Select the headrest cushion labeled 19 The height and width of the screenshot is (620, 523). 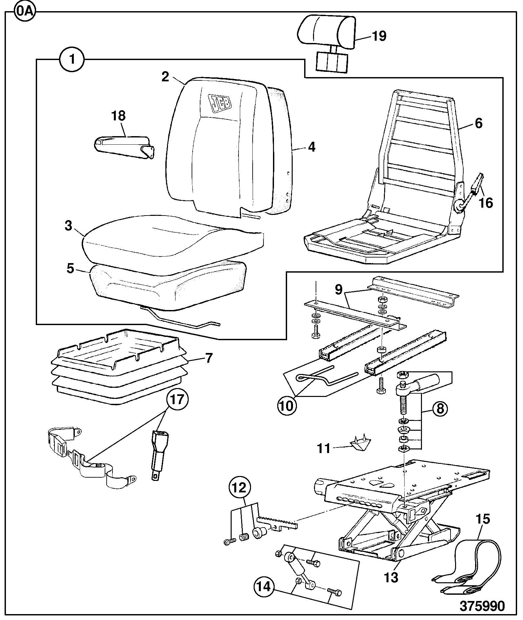click(x=327, y=32)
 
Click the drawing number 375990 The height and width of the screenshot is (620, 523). click(x=482, y=606)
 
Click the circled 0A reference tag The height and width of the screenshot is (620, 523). click(x=25, y=12)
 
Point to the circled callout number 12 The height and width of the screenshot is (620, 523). click(x=240, y=488)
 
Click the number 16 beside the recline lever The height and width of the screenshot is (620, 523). click(x=486, y=203)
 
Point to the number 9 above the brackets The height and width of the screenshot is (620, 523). click(x=339, y=290)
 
